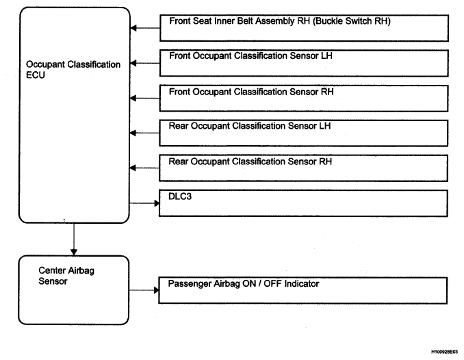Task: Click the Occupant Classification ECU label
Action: pos(73,70)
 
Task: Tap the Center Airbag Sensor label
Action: pos(66,276)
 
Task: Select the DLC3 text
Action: pos(180,196)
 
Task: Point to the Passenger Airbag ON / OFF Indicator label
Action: pos(244,283)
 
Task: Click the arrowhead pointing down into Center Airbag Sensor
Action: pos(74,253)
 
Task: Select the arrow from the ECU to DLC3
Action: pos(144,203)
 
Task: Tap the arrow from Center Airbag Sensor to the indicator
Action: pos(144,290)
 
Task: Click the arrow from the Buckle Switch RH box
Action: pos(145,28)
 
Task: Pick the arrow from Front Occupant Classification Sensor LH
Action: pos(145,63)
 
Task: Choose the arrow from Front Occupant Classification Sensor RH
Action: pos(144,98)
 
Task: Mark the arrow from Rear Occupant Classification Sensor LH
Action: pos(144,133)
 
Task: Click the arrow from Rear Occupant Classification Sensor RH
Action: pos(144,168)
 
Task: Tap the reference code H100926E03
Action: pos(444,352)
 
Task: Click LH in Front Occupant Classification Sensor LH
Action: pos(326,55)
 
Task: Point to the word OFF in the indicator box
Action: pos(272,283)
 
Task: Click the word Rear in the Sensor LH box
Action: pos(179,126)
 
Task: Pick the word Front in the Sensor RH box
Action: pos(179,92)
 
